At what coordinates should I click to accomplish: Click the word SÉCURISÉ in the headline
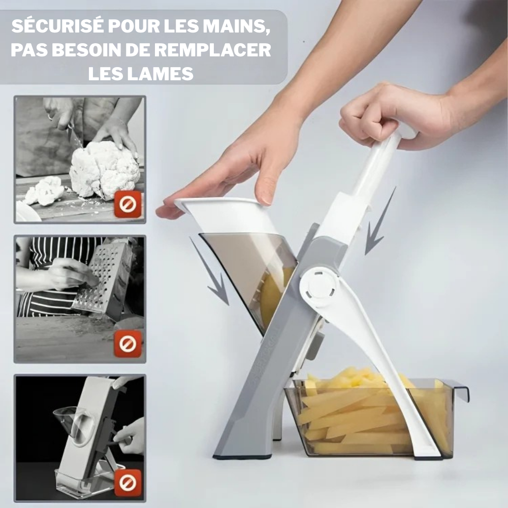click(57, 26)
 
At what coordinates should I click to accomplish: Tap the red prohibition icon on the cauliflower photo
click(128, 204)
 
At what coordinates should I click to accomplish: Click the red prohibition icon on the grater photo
click(128, 343)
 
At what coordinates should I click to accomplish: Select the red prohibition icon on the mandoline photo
click(128, 483)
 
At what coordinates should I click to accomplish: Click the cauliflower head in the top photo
click(104, 170)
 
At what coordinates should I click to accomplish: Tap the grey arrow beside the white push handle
click(379, 222)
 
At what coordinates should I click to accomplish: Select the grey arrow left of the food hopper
click(209, 271)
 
